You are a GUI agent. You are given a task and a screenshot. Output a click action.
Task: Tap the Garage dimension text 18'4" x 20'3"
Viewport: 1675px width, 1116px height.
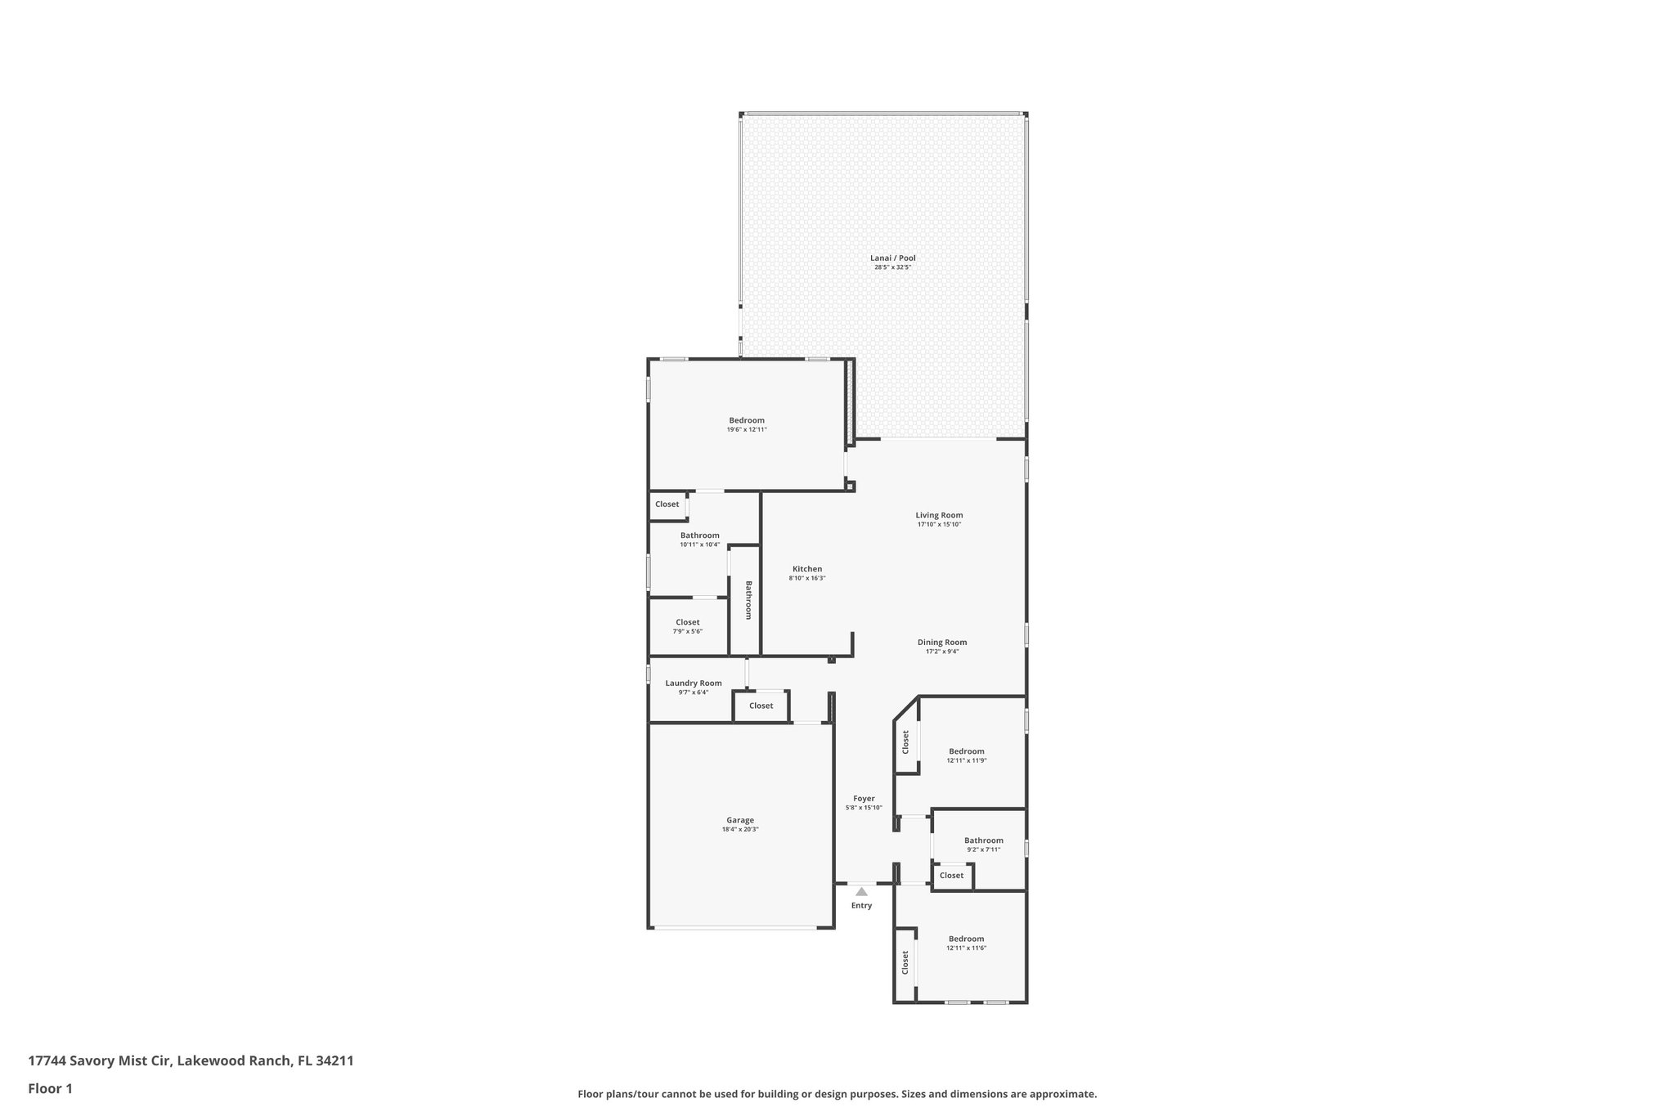pos(739,829)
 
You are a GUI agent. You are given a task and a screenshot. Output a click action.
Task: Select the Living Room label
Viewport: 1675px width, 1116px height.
pos(939,515)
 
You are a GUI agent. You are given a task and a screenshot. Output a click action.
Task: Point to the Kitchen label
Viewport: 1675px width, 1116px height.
pos(806,569)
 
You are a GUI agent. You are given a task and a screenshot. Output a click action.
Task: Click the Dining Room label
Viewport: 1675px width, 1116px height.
pos(941,642)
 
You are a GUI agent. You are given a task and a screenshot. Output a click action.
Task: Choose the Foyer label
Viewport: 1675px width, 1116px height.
pos(864,798)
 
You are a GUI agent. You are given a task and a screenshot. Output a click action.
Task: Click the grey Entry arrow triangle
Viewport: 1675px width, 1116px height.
pos(861,892)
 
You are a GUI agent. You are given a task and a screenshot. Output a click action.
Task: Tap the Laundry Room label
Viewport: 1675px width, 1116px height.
pos(693,683)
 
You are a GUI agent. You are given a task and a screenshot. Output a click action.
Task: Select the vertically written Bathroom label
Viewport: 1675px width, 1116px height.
pos(748,600)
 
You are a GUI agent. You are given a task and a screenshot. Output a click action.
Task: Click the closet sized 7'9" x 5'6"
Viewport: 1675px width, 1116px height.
pos(687,626)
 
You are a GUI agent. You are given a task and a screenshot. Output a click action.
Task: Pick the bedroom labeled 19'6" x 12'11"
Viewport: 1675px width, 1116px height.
pos(747,424)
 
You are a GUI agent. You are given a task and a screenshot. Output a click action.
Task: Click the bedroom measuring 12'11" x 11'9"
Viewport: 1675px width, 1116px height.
pos(966,755)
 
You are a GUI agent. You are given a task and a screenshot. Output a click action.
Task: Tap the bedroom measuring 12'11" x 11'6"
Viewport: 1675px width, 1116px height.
pos(966,943)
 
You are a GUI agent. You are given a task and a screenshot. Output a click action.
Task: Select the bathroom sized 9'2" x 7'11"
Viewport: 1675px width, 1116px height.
pos(983,845)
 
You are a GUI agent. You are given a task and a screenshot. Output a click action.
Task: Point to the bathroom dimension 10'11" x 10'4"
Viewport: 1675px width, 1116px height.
pos(699,545)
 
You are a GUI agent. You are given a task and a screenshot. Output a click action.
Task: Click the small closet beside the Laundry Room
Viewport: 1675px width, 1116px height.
pos(761,706)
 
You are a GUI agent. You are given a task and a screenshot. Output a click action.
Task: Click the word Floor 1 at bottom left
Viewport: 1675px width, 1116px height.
pos(50,1088)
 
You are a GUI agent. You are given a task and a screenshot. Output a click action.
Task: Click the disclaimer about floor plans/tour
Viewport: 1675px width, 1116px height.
pos(837,1094)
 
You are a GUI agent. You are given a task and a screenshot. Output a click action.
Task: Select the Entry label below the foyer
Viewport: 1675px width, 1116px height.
pos(861,905)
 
